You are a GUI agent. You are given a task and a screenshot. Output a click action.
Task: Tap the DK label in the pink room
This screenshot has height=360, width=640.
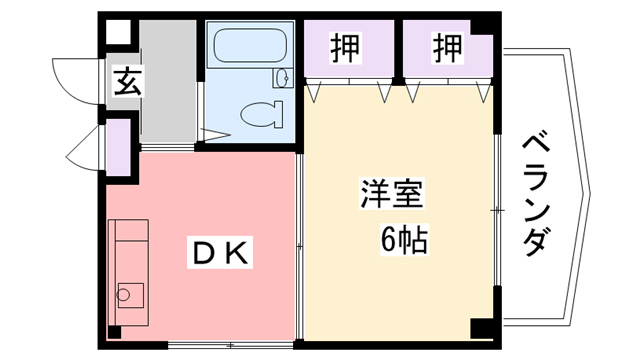coord(220,252)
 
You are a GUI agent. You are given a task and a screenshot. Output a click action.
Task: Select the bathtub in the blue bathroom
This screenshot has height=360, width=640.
coord(247,45)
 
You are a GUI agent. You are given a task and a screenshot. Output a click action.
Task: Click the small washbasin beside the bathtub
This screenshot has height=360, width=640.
coord(281,76)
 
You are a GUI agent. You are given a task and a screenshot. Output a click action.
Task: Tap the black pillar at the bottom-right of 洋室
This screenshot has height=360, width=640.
coord(481,326)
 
